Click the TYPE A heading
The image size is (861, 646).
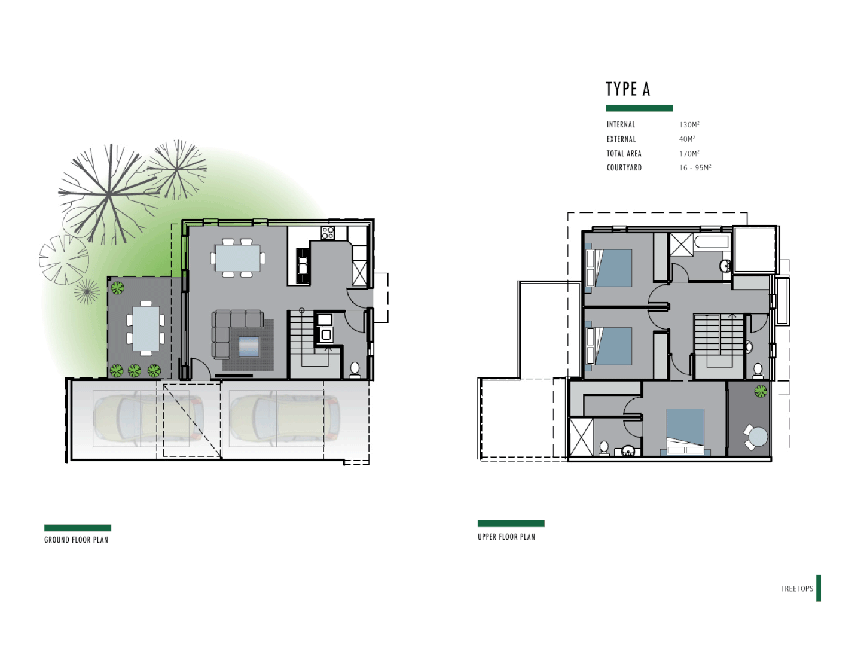[x=627, y=89]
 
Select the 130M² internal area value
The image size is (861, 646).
[x=689, y=124]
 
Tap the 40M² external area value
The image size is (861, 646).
[x=686, y=139]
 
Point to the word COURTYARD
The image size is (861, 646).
[x=624, y=168]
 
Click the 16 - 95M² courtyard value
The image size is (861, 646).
[x=695, y=168]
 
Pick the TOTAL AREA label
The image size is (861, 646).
[x=624, y=154]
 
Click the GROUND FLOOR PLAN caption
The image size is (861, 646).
[x=76, y=540]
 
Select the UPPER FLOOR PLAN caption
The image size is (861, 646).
[x=506, y=537]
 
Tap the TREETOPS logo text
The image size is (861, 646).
[x=796, y=589]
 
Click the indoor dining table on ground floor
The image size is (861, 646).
[x=237, y=258]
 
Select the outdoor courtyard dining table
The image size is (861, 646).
[x=146, y=328]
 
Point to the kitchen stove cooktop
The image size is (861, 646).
[x=327, y=233]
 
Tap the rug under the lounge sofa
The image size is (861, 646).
[x=249, y=347]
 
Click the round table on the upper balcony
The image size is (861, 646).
[x=758, y=436]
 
